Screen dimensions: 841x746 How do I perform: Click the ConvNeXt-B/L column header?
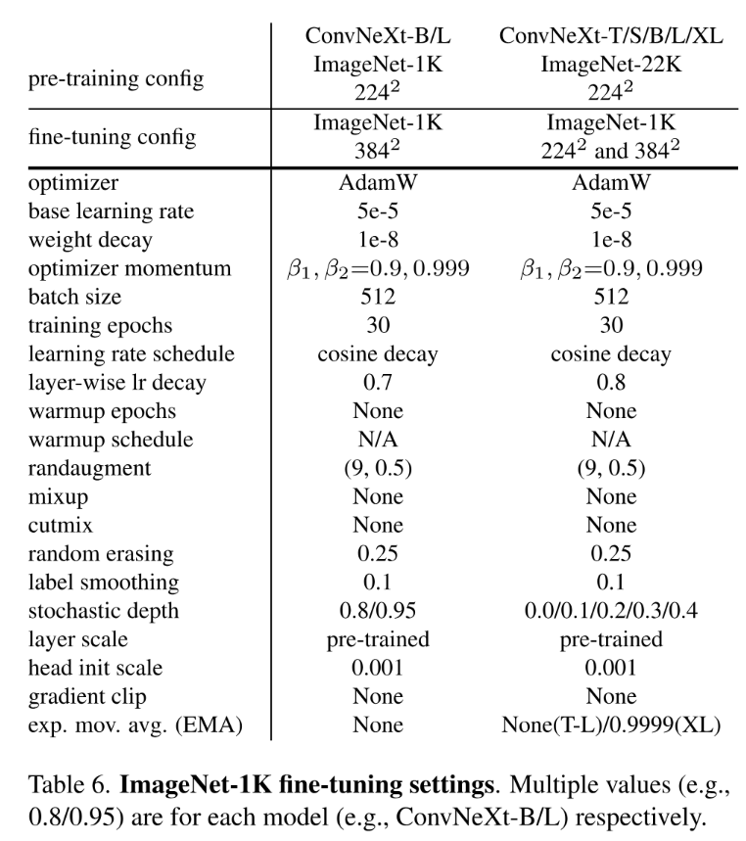pyautogui.click(x=377, y=36)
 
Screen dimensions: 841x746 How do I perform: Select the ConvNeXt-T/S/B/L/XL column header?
pyautogui.click(x=610, y=36)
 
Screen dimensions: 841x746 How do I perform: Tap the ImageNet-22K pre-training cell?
pyautogui.click(x=610, y=65)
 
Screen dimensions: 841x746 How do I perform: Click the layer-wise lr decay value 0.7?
pyautogui.click(x=377, y=383)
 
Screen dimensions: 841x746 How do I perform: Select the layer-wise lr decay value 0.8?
pyautogui.click(x=610, y=383)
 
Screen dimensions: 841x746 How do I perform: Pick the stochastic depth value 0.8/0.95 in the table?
pyautogui.click(x=377, y=611)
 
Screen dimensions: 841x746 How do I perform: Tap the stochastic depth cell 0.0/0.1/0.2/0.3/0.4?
pyautogui.click(x=610, y=611)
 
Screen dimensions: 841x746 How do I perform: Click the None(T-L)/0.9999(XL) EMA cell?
pyautogui.click(x=610, y=724)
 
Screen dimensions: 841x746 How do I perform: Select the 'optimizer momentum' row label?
pyautogui.click(x=116, y=269)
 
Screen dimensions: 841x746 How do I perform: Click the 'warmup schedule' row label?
pyautogui.click(x=111, y=440)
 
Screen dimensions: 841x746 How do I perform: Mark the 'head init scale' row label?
pyautogui.click(x=97, y=668)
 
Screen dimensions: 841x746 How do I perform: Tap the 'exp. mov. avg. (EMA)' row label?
pyautogui.click(x=134, y=724)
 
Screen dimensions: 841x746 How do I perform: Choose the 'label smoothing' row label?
pyautogui.click(x=104, y=582)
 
